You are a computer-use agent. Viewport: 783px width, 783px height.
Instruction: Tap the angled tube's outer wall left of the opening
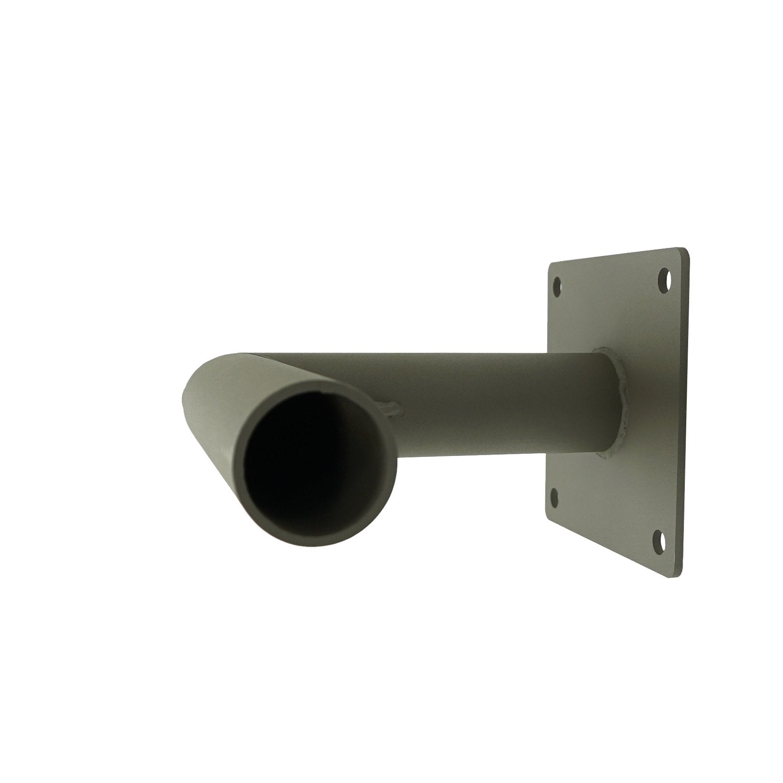[216, 442]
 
